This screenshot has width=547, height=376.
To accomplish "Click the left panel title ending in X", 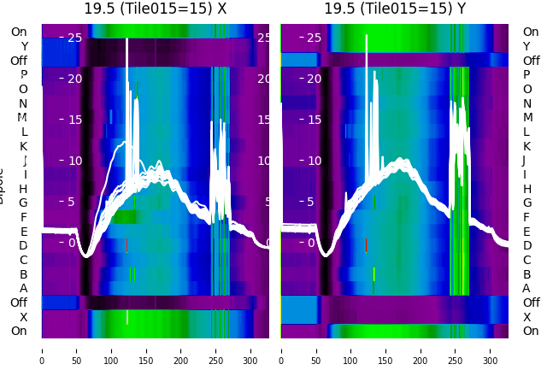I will (x=156, y=9).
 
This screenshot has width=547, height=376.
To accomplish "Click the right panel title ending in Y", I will (x=395, y=9).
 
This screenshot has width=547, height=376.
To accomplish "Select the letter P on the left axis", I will (x=23, y=75).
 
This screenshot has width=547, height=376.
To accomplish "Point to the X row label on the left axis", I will (x=23, y=317).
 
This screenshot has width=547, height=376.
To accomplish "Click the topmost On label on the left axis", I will (x=19, y=32).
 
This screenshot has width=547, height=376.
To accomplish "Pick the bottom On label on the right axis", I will (x=531, y=331).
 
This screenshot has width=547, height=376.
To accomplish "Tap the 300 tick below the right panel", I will (x=491, y=350).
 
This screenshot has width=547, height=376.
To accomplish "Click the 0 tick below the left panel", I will (x=42, y=350).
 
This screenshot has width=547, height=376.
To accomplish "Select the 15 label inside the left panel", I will (x=74, y=119).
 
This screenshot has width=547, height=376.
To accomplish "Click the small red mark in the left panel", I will (x=126, y=245).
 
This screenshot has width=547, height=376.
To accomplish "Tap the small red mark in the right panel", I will (x=366, y=245).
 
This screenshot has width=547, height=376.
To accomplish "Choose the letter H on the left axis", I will (x=23, y=189).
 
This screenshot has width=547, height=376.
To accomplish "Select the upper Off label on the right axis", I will (x=531, y=61).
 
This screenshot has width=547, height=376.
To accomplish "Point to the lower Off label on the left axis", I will (x=19, y=303).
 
